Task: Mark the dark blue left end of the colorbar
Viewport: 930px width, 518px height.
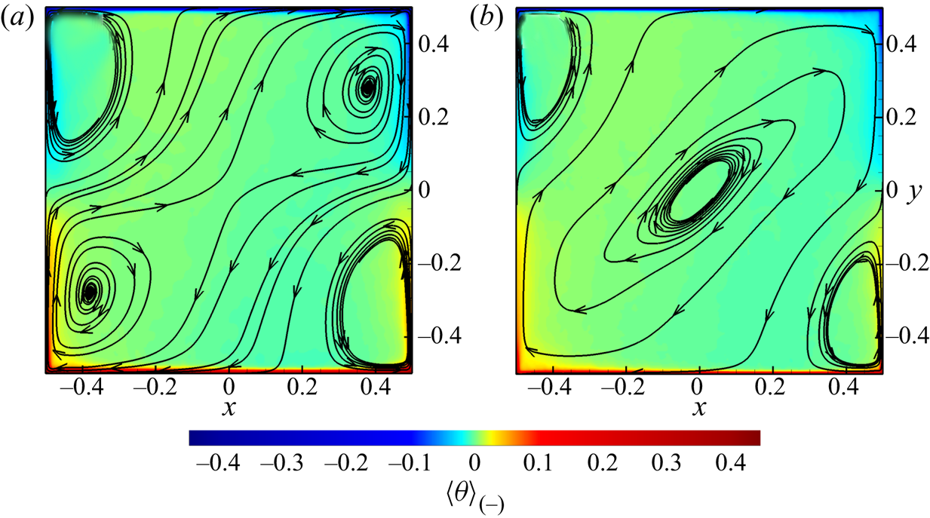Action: coord(195,438)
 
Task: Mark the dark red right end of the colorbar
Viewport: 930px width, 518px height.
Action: coord(754,438)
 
